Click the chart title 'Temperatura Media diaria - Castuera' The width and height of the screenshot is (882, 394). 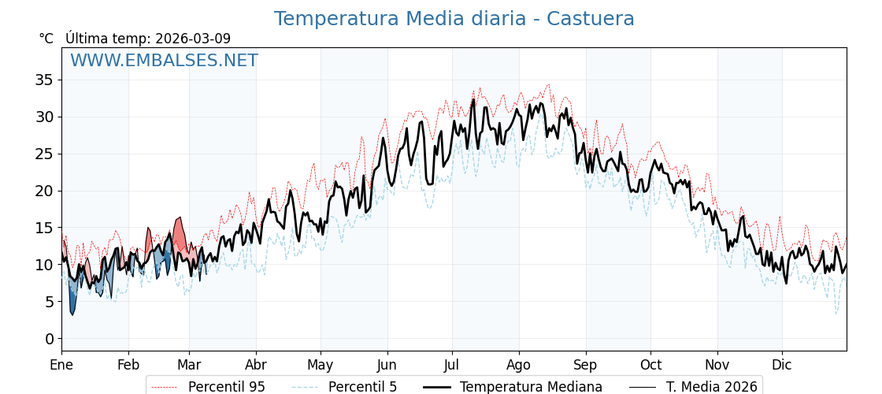pyautogui.click(x=454, y=19)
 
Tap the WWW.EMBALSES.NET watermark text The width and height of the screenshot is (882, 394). pyautogui.click(x=164, y=61)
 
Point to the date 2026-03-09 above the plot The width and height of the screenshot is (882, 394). pyautogui.click(x=193, y=39)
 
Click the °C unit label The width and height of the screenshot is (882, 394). pyautogui.click(x=46, y=39)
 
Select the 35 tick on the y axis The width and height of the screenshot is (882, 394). pyautogui.click(x=44, y=80)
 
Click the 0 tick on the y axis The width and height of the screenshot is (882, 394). pyautogui.click(x=49, y=339)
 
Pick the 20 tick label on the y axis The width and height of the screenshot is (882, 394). pyautogui.click(x=44, y=191)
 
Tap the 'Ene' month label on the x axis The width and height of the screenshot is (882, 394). pyautogui.click(x=61, y=365)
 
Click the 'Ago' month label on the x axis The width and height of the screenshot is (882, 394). pyautogui.click(x=518, y=365)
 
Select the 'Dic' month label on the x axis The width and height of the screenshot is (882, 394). pyautogui.click(x=782, y=365)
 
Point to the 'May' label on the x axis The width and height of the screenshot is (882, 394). pyautogui.click(x=321, y=365)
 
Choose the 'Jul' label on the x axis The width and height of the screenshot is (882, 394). pyautogui.click(x=452, y=365)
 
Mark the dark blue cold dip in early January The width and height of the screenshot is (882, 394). pyautogui.click(x=72, y=303)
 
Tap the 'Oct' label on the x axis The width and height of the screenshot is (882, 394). pyautogui.click(x=650, y=365)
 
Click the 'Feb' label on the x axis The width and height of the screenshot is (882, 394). pyautogui.click(x=128, y=365)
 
